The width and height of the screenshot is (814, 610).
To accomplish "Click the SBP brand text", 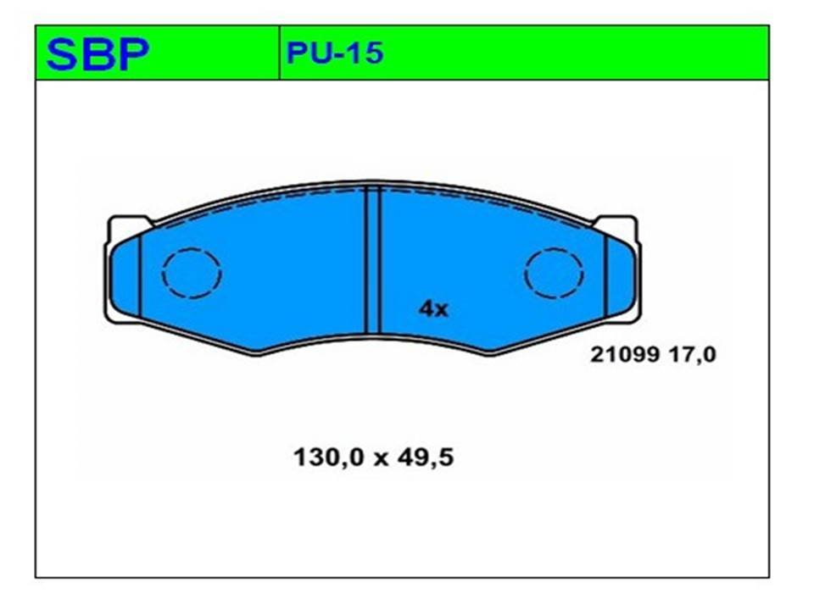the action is [98, 54].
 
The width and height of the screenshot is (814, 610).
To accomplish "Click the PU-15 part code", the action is [335, 53].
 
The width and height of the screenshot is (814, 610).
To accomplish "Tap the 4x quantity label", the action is [433, 309].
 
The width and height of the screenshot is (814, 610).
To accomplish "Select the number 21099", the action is [625, 355].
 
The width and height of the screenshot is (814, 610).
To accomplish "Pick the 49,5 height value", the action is [425, 457].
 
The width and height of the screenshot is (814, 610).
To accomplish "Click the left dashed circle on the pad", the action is [162, 274].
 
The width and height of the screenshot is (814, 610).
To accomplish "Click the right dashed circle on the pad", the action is [524, 274].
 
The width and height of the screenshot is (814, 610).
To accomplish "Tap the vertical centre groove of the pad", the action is [373, 259].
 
